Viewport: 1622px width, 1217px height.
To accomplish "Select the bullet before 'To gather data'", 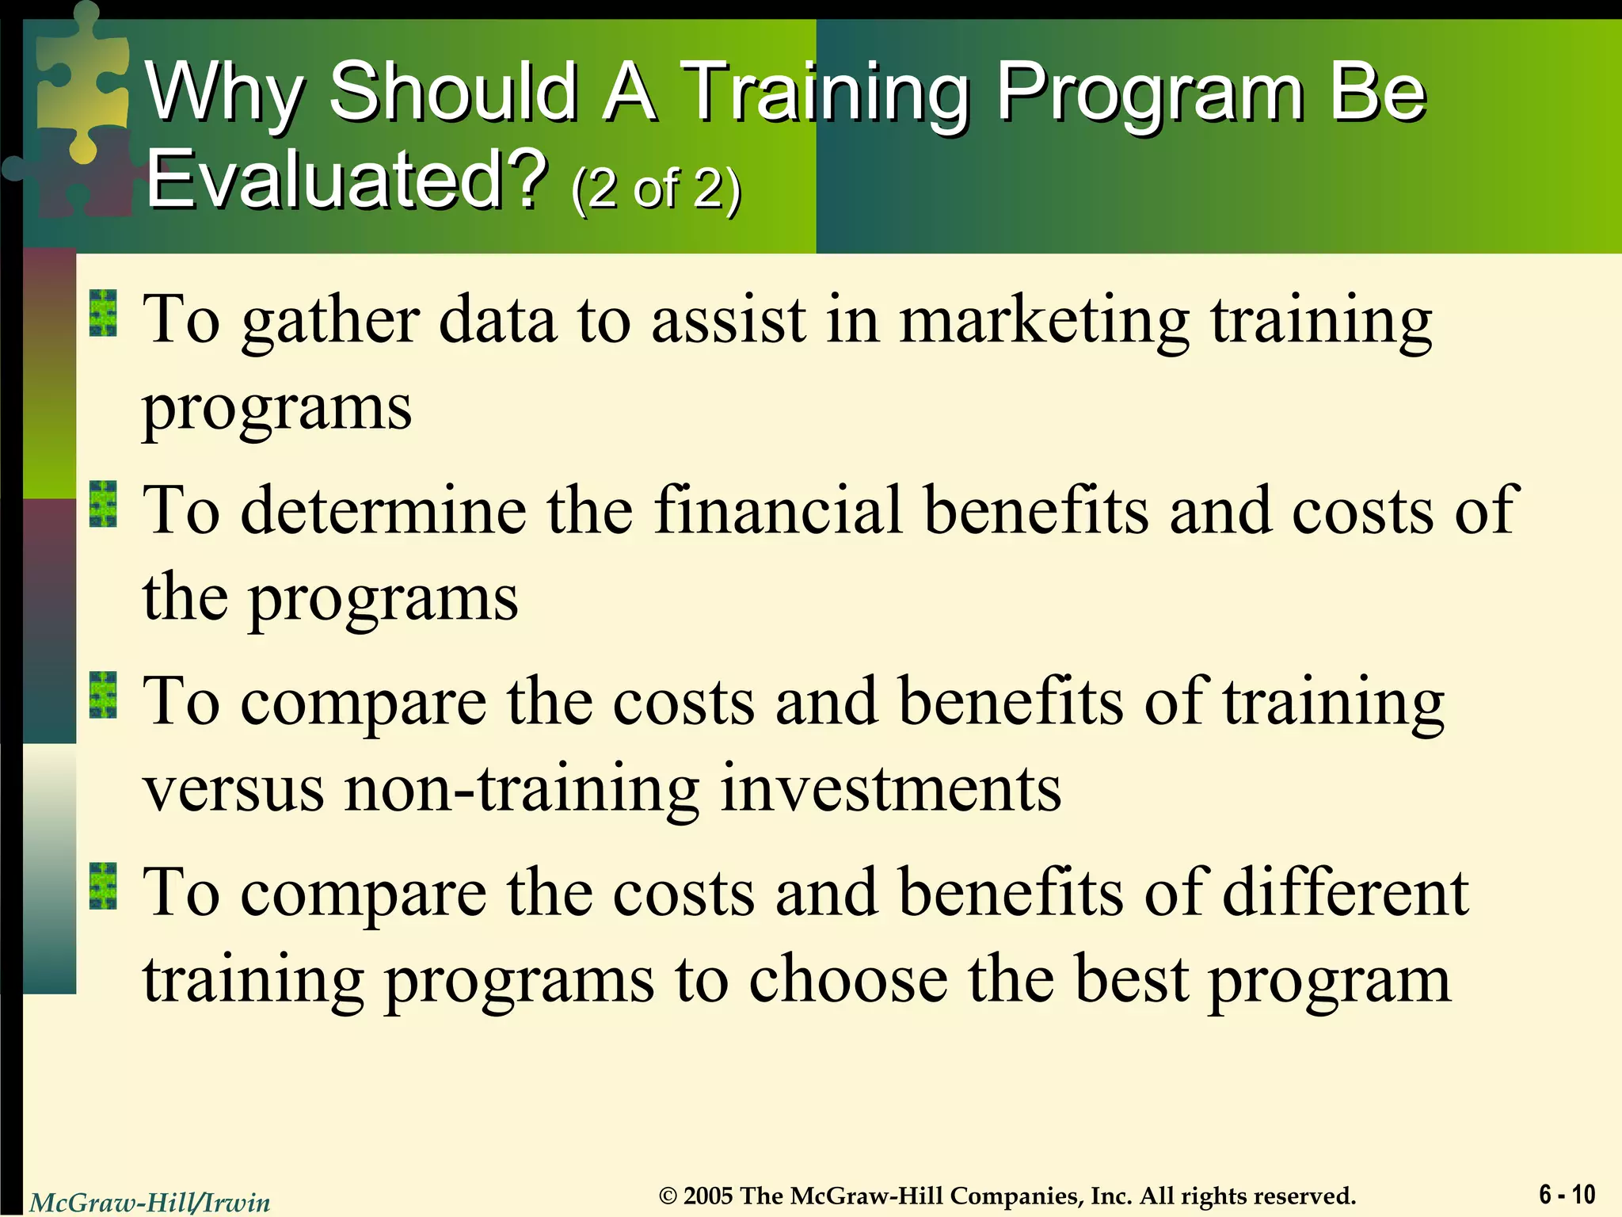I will (x=103, y=313).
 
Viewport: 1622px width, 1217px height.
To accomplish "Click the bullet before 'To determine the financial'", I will (x=103, y=504).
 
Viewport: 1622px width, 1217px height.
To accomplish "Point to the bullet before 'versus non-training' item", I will (x=103, y=695).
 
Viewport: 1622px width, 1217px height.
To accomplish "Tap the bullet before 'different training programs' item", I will (x=103, y=886).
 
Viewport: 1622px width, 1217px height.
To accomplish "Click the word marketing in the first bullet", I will (x=1043, y=321).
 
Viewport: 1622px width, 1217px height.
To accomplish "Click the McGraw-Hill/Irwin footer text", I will (x=150, y=1203).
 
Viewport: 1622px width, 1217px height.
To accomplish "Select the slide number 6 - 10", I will (x=1567, y=1194).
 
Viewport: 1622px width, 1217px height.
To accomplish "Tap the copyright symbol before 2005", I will (x=668, y=1196).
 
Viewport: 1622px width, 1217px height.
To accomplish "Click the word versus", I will (x=234, y=789).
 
